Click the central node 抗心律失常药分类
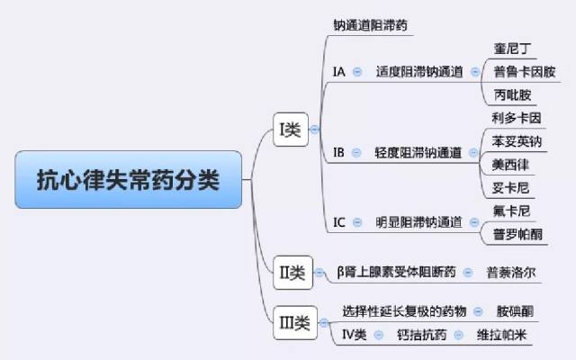pyautogui.click(x=128, y=180)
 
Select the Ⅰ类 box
pyautogui.click(x=291, y=130)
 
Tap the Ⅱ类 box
pyautogui.click(x=292, y=273)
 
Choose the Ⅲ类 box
pyautogui.click(x=295, y=323)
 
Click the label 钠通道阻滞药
pyautogui.click(x=370, y=25)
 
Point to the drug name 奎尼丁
pyautogui.click(x=512, y=48)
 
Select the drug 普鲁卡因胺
pyautogui.click(x=524, y=72)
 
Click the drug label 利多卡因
pyautogui.click(x=517, y=118)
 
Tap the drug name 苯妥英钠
pyautogui.click(x=517, y=141)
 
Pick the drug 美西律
pyautogui.click(x=510, y=165)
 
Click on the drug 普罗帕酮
pyautogui.click(x=517, y=234)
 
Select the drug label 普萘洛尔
pyautogui.click(x=511, y=273)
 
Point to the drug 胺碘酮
pyautogui.click(x=515, y=311)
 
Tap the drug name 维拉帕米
pyautogui.click(x=501, y=335)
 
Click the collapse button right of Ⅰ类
pyautogui.click(x=314, y=130)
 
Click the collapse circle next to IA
pyautogui.click(x=357, y=72)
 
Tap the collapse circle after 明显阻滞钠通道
pyautogui.click(x=474, y=222)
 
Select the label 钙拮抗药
pyautogui.click(x=422, y=335)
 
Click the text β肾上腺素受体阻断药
pyautogui.click(x=396, y=272)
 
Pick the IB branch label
pyautogui.click(x=338, y=152)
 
